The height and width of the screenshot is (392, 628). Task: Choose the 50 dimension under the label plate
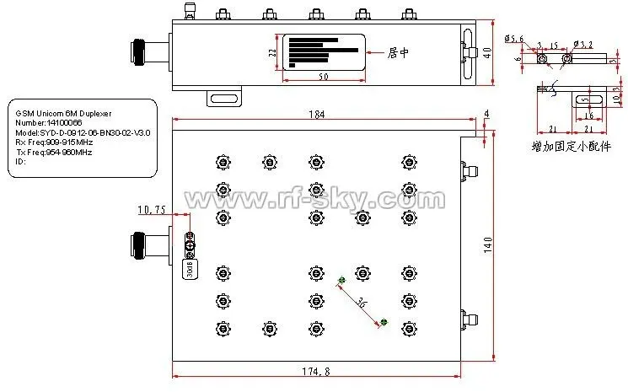point(324,78)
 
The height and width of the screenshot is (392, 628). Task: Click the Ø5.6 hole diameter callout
point(514,39)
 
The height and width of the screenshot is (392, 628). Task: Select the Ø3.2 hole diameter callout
point(582,43)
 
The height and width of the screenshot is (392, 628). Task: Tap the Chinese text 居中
point(397,52)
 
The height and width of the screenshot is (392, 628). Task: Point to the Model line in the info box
point(83,132)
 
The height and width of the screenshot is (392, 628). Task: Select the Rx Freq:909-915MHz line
point(54,142)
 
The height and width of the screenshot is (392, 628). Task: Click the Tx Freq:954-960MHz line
point(54,152)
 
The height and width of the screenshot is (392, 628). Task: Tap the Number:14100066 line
point(44,123)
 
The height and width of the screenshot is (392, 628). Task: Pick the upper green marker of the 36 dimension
point(341,281)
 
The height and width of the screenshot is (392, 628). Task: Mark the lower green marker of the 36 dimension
point(384,321)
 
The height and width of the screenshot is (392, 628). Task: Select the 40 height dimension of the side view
point(488,52)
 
